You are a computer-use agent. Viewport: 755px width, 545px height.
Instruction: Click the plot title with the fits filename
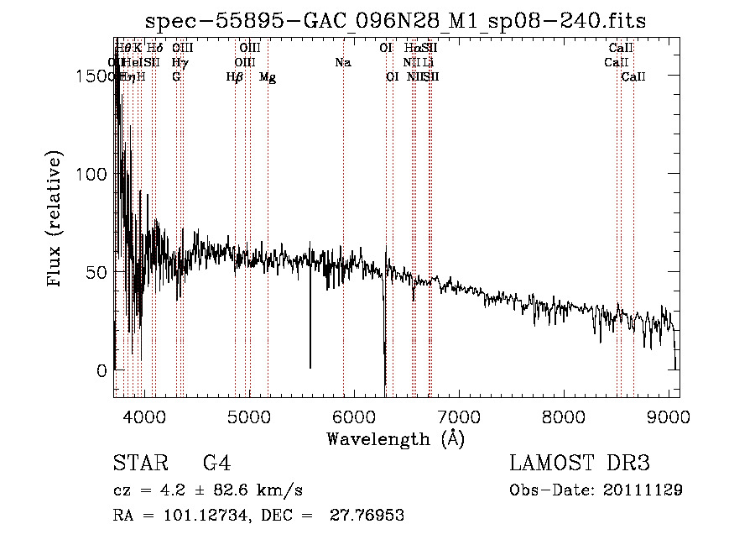[x=396, y=21]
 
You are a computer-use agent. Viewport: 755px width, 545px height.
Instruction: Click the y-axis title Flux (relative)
[x=56, y=220]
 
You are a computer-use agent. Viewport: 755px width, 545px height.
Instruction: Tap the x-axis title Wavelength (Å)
[x=395, y=438]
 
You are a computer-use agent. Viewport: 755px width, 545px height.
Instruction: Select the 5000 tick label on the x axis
[x=248, y=416]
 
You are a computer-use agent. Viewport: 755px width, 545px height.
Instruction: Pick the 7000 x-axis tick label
[x=459, y=416]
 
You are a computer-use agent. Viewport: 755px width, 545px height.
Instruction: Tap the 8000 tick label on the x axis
[x=564, y=416]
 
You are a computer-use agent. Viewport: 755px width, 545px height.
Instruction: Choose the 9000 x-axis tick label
[x=669, y=416]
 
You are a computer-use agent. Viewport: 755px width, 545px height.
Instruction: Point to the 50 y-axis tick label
[x=97, y=272]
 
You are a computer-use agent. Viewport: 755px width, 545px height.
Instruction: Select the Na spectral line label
[x=342, y=62]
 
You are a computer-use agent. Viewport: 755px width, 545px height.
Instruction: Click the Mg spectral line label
[x=268, y=77]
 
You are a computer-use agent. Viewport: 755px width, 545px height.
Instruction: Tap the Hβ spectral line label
[x=235, y=77]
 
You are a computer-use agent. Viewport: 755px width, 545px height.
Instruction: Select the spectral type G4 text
[x=216, y=464]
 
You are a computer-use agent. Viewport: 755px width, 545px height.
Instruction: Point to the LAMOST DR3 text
[x=580, y=464]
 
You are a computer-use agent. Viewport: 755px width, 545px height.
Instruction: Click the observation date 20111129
[x=644, y=490]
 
